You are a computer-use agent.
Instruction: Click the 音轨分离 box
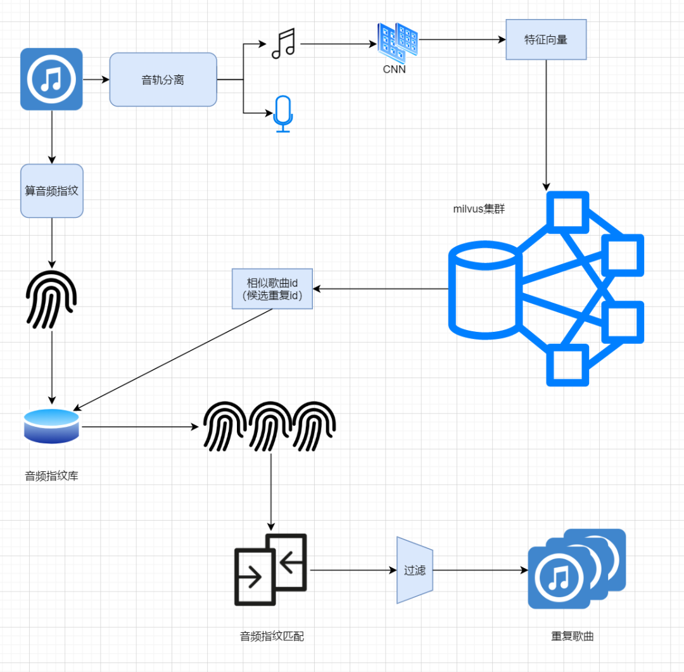pos(163,80)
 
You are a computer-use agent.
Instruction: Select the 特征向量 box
pos(546,39)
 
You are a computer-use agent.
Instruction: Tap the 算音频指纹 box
pos(52,191)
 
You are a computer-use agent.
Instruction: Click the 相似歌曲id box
pos(272,289)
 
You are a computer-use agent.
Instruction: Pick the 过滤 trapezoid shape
pos(415,570)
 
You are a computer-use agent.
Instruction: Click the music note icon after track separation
pos(283,44)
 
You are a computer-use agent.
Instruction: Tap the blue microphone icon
pos(283,114)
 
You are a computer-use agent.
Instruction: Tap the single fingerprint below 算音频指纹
pos(51,300)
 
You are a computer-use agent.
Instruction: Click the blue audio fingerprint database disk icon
pos(51,426)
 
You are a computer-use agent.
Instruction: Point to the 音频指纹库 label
pos(51,476)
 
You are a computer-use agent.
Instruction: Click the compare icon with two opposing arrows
pos(270,569)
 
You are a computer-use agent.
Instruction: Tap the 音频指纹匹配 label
pos(272,636)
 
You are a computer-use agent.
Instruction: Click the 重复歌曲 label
pos(572,636)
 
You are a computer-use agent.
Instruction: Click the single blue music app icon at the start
pos(51,79)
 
